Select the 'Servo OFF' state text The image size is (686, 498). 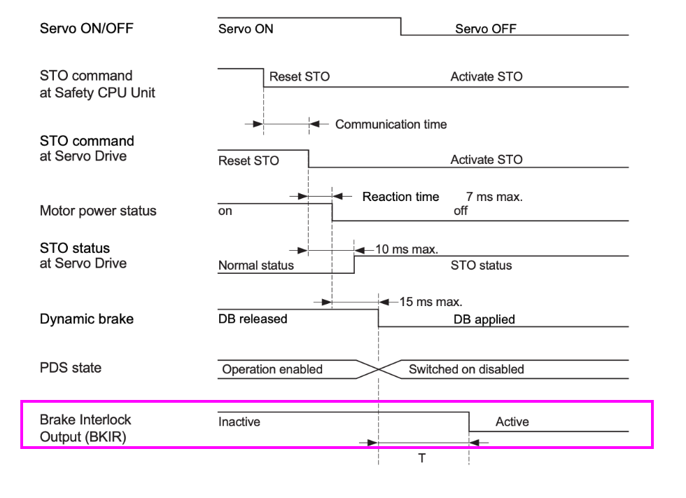(x=486, y=29)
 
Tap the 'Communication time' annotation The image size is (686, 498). (x=391, y=125)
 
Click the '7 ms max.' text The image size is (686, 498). (x=494, y=198)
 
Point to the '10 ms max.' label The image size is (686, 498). (x=407, y=249)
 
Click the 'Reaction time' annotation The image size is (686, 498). (x=400, y=197)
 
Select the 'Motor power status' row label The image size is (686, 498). (x=98, y=211)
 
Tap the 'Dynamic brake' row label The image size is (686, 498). (x=87, y=319)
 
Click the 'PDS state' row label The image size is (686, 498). (x=70, y=367)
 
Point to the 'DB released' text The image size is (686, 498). (x=253, y=319)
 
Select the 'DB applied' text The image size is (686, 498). (x=484, y=319)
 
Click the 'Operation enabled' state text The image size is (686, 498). (x=272, y=369)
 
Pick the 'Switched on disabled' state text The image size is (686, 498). (x=466, y=369)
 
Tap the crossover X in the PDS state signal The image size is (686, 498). (x=379, y=369)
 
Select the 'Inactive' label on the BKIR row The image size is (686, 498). (x=239, y=422)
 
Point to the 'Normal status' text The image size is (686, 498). (x=256, y=265)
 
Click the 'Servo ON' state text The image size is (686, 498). (x=246, y=29)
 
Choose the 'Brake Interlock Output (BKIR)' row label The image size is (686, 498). (x=85, y=429)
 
